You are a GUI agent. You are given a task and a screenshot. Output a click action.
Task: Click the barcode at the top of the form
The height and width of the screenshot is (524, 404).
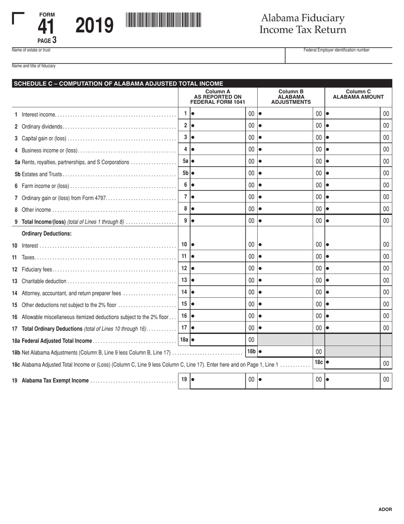[163, 20]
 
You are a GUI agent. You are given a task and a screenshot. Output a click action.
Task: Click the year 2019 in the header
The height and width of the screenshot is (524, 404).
[94, 26]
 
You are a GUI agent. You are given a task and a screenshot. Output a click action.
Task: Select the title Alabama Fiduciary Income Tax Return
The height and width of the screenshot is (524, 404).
[303, 24]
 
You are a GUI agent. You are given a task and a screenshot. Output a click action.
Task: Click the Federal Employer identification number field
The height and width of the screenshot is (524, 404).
[339, 57]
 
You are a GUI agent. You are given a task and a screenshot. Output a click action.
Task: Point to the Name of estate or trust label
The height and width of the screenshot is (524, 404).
[31, 50]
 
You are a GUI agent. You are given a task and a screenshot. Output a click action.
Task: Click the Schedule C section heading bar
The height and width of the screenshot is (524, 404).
[202, 83]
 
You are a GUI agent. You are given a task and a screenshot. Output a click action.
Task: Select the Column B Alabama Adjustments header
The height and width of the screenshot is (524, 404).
[291, 97]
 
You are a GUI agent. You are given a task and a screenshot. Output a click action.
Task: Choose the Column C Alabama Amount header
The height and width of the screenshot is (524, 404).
[358, 95]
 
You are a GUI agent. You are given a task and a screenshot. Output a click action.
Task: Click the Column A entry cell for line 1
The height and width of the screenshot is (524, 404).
[218, 114]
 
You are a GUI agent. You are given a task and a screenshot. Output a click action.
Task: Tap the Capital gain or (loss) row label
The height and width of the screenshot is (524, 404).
[44, 138]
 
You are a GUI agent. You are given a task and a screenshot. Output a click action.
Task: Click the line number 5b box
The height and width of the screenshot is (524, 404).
[185, 173]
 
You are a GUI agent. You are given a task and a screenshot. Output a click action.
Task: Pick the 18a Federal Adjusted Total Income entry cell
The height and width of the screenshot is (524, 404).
[218, 340]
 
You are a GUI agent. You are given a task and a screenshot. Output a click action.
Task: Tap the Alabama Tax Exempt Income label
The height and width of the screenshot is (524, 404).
[55, 381]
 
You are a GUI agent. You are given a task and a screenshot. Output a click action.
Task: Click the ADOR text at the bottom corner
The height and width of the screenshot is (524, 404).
[385, 510]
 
